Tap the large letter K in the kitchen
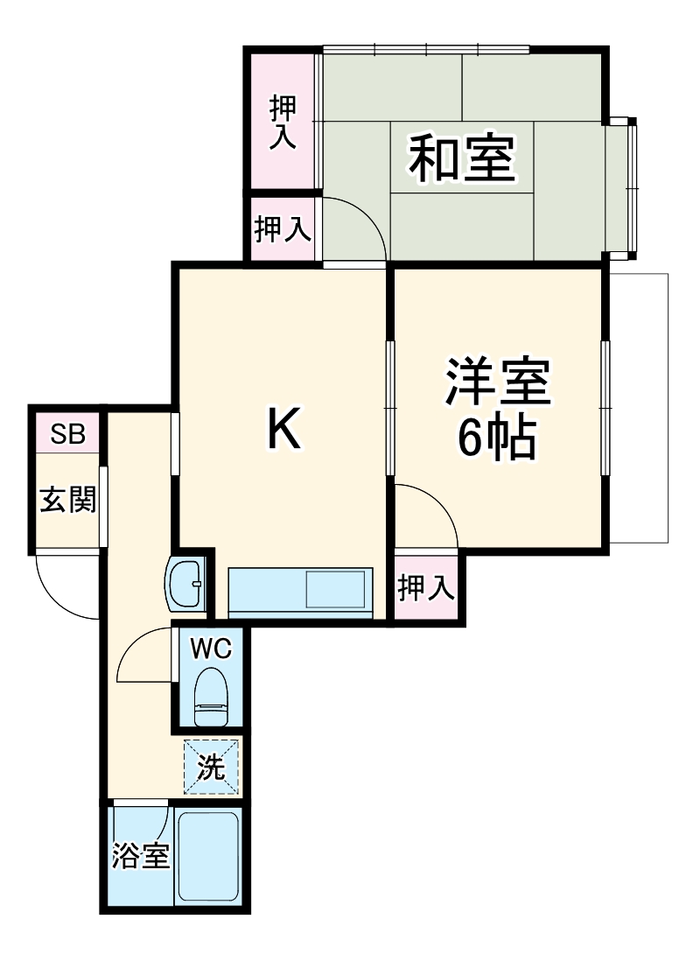click(x=283, y=428)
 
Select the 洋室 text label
click(x=498, y=382)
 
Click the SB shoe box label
click(x=67, y=435)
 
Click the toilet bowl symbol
click(x=211, y=697)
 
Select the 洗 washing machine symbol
click(x=210, y=768)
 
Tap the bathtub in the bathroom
click(x=208, y=858)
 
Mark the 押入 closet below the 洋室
click(x=426, y=588)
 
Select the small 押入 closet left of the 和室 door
click(x=283, y=229)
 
